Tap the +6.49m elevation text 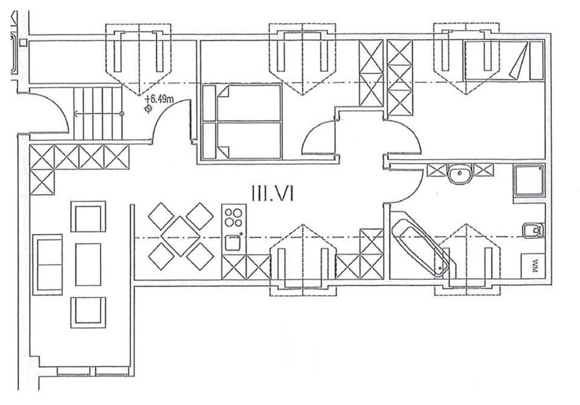pyautogui.click(x=160, y=99)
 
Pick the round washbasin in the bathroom pyautogui.click(x=460, y=175)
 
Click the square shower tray pyautogui.click(x=529, y=180)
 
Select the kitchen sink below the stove pyautogui.click(x=233, y=243)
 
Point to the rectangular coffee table pyautogui.click(x=88, y=264)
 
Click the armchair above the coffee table pyautogui.click(x=88, y=216)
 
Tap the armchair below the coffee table pyautogui.click(x=88, y=312)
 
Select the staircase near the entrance pyautogui.click(x=97, y=113)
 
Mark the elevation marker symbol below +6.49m pyautogui.click(x=147, y=109)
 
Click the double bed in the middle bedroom pyautogui.click(x=242, y=121)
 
